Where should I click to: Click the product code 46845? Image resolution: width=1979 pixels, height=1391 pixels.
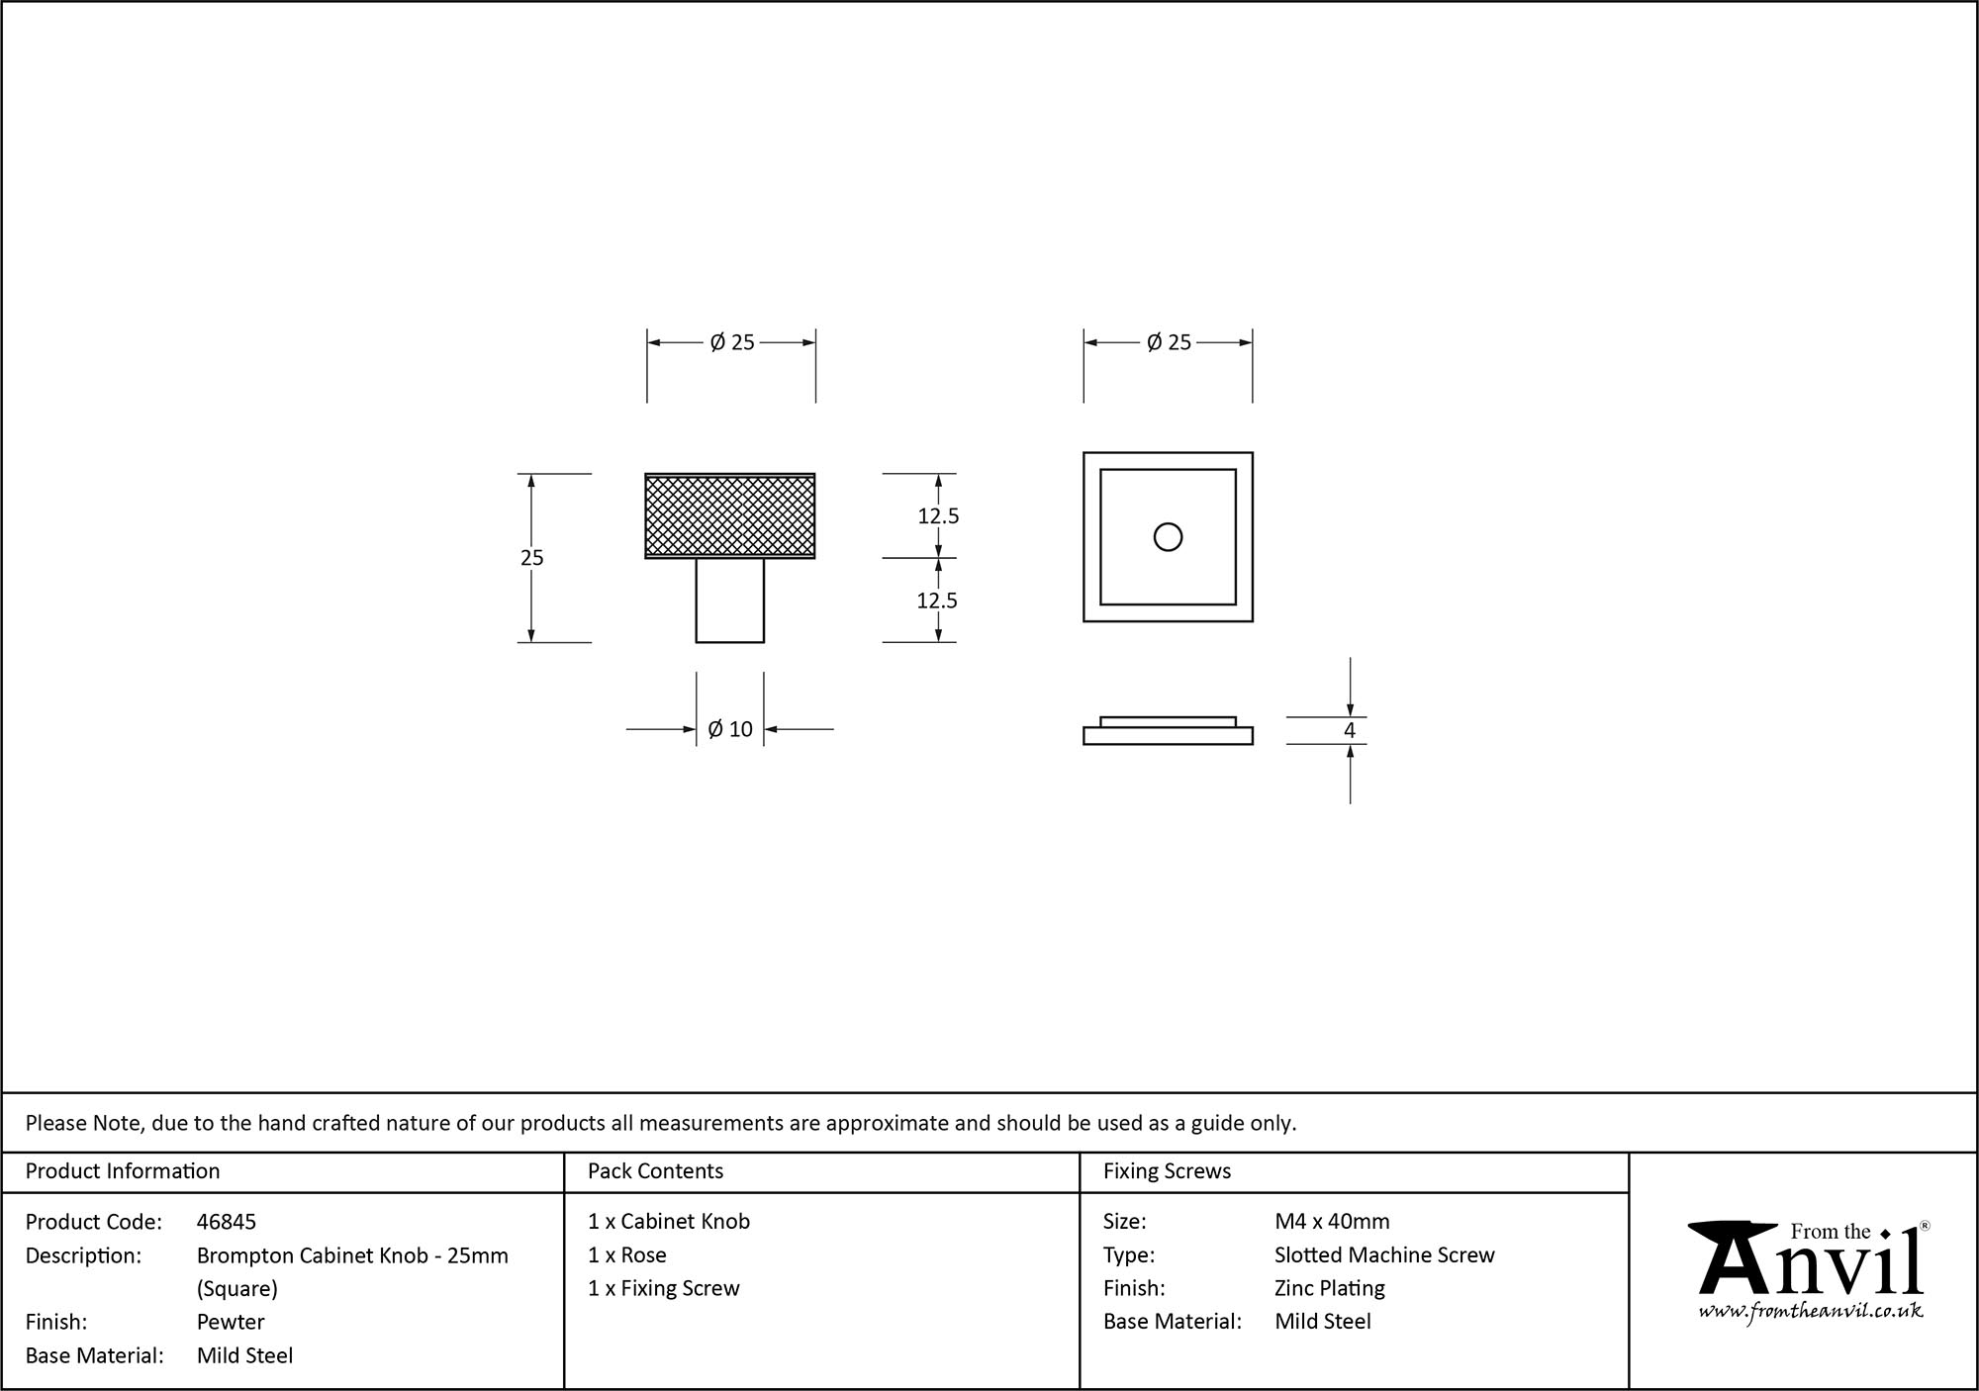(x=226, y=1222)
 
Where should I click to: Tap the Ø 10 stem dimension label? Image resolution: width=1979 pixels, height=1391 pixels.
(x=730, y=729)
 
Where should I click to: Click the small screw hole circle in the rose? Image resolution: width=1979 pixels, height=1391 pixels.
(x=1168, y=537)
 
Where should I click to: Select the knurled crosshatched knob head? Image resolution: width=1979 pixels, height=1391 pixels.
(x=730, y=515)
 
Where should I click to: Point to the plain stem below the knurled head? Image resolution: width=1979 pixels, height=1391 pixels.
(x=730, y=601)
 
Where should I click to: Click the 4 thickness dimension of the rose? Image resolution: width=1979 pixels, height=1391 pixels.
(x=1349, y=731)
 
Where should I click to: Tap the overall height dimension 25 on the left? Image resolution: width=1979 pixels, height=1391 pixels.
(x=531, y=558)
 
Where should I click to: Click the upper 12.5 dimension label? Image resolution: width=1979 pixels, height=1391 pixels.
(x=937, y=515)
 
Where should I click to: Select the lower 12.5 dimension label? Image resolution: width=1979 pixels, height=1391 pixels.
(x=937, y=601)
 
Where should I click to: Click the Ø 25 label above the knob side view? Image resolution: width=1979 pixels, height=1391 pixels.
(x=731, y=342)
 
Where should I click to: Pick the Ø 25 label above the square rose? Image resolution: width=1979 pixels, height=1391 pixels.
(x=1169, y=342)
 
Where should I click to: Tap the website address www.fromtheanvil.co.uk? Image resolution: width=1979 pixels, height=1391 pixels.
(x=1810, y=1311)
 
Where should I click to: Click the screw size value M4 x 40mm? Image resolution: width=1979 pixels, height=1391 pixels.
(x=1331, y=1222)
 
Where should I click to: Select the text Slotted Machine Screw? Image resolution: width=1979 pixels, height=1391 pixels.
(x=1383, y=1255)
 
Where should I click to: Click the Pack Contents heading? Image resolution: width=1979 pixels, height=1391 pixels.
(x=655, y=1171)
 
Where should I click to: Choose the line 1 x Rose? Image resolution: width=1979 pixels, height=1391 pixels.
(x=626, y=1255)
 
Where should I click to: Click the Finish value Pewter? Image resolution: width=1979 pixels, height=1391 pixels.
(x=231, y=1322)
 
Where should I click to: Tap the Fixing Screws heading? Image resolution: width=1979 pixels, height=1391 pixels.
(x=1167, y=1171)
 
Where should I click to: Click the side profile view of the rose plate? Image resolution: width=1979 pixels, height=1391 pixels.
(x=1168, y=733)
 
